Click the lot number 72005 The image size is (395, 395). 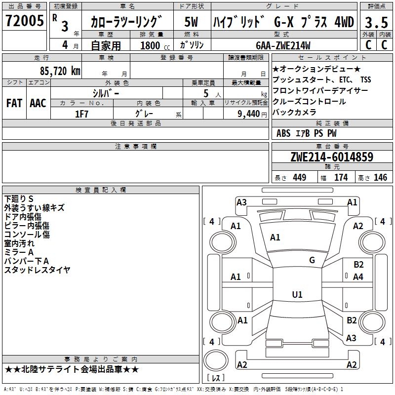(x=25, y=21)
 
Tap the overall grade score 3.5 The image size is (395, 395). (x=376, y=22)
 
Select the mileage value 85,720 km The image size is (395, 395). (x=60, y=71)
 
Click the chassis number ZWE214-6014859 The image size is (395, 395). (x=332, y=157)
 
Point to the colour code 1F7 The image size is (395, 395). (x=81, y=114)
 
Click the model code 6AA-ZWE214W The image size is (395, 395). (x=283, y=45)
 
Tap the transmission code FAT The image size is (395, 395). (x=14, y=103)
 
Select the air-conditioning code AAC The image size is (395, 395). (x=38, y=103)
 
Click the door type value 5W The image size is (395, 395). (x=191, y=22)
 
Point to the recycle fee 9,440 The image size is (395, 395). (x=249, y=114)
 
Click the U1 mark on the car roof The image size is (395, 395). (x=297, y=294)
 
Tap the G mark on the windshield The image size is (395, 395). (x=312, y=260)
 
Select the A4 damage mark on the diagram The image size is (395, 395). (x=358, y=277)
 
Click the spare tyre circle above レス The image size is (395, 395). (x=216, y=360)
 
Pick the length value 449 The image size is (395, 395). (x=300, y=177)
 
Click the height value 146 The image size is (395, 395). (x=380, y=177)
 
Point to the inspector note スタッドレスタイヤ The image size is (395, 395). (x=38, y=270)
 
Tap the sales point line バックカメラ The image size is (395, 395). (x=294, y=112)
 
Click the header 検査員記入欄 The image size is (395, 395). (x=101, y=190)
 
